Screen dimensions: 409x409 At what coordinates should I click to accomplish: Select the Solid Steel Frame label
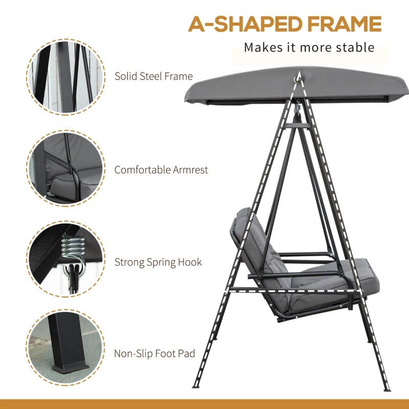tap(153, 77)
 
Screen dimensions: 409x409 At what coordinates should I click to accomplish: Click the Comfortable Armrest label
tap(161, 170)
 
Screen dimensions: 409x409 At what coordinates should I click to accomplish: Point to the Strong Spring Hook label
tap(158, 262)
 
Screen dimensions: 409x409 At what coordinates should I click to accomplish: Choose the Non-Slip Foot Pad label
tap(154, 353)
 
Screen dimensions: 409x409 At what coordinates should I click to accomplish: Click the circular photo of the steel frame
tap(65, 77)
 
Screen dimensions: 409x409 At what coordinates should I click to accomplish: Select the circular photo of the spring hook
tap(65, 261)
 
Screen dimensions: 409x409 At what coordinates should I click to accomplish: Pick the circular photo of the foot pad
tap(65, 353)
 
